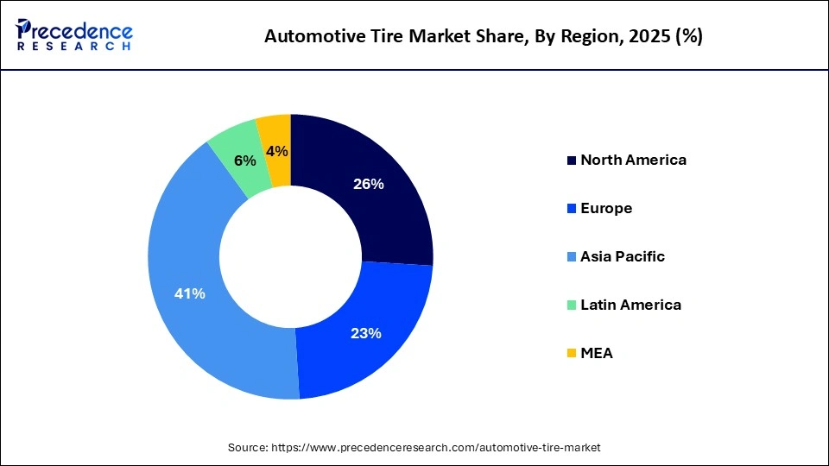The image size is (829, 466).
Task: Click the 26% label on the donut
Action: tap(369, 184)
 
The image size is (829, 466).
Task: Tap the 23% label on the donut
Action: tap(366, 333)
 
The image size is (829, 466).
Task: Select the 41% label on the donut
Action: tap(189, 293)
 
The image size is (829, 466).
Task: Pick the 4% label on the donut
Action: tap(277, 152)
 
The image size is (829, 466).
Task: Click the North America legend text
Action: tap(633, 160)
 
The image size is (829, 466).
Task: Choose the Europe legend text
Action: tap(606, 208)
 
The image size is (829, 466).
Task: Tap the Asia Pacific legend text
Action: tap(623, 256)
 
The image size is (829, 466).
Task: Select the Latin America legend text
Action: tap(630, 305)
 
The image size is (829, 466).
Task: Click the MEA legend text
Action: tap(596, 353)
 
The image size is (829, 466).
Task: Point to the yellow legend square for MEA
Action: tap(571, 354)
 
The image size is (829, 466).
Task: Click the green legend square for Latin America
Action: tap(571, 305)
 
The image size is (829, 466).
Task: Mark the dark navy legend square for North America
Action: tap(571, 161)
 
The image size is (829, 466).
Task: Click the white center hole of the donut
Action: tap(290, 256)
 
